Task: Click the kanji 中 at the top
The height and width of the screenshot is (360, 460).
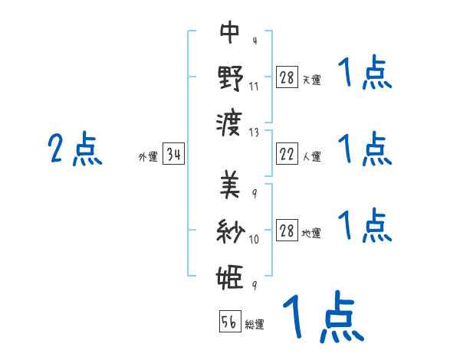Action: coord(230,33)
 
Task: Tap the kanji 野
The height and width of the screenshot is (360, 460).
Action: coord(230,78)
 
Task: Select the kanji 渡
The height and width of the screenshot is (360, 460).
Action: coord(230,123)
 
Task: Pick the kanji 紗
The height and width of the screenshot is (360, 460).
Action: coord(230,231)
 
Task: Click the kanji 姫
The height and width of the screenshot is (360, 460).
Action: coord(230,277)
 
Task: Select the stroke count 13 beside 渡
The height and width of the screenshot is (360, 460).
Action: coord(254,132)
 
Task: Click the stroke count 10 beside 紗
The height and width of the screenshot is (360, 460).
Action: coord(254,239)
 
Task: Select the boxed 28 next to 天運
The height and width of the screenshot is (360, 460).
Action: coord(287,78)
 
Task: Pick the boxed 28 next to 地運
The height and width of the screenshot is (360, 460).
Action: coord(287,231)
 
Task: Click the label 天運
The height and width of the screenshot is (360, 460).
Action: coord(311,80)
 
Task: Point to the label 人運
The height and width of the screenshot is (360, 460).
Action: coord(311,157)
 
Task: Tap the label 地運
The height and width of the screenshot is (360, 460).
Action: coord(311,233)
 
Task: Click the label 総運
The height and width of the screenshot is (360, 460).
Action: coord(255,325)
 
